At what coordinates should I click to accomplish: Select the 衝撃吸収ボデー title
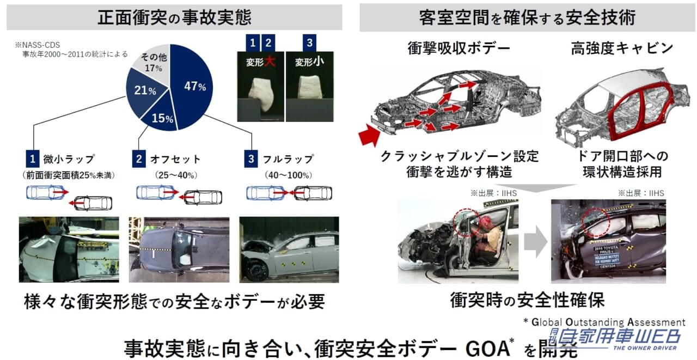click(x=458, y=48)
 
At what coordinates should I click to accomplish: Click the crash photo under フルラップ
click(x=289, y=250)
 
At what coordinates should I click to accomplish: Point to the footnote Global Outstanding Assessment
click(x=604, y=322)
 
